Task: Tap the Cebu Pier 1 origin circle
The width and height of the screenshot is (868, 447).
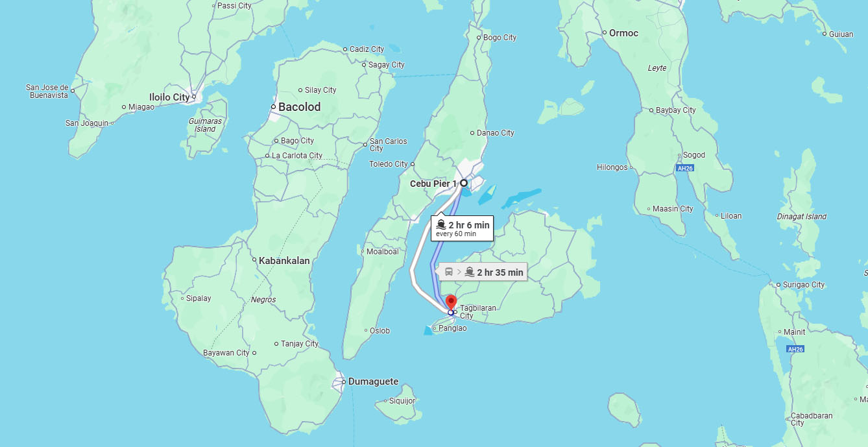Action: pos(464,183)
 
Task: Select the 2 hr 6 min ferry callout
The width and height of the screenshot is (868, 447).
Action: pos(462,228)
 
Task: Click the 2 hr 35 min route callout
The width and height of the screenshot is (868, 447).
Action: pos(483,272)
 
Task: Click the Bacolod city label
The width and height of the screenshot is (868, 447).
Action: pos(299,107)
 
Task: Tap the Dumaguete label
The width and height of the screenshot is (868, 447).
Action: pos(373,381)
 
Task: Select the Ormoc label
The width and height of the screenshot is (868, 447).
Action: pos(623,33)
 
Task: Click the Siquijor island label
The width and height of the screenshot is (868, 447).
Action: pos(402,400)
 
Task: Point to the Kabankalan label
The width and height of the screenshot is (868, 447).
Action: pos(284,260)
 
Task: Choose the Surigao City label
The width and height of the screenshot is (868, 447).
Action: pos(804,284)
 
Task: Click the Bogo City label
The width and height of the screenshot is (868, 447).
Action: pos(500,38)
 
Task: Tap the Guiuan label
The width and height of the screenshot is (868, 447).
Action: pos(841,34)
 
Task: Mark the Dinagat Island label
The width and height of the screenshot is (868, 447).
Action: pos(802,217)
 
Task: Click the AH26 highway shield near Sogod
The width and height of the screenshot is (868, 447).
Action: pos(685,168)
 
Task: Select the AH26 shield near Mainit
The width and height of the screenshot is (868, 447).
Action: pos(795,349)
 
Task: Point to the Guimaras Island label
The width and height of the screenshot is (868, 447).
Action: pos(205,125)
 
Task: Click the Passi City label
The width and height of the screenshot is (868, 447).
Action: pos(234,6)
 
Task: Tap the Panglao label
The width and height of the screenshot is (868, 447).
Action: pos(452,328)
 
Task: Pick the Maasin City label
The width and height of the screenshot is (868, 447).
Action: pos(673,209)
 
